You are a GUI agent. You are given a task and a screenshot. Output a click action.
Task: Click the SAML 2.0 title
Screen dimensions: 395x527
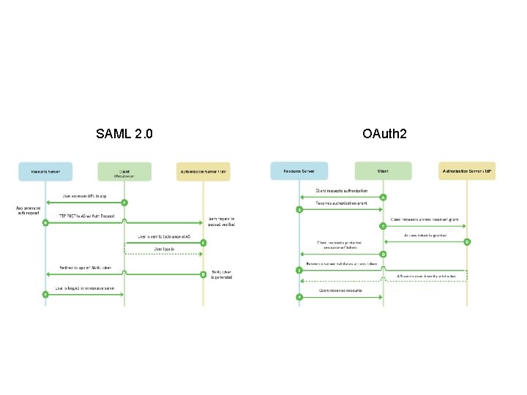click(124, 134)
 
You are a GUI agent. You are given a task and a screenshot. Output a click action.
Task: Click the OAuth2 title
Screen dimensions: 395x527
click(384, 134)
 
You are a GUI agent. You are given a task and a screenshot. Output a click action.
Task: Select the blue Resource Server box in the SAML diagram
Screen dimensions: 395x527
click(45, 171)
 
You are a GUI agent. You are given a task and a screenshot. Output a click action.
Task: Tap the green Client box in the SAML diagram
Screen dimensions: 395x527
click(124, 171)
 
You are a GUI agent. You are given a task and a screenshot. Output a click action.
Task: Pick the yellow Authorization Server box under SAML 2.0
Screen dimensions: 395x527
click(203, 171)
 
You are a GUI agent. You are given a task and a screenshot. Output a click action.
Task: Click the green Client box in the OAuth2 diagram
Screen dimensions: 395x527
click(383, 171)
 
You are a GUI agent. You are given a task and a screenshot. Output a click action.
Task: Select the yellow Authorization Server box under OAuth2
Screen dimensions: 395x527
click(467, 171)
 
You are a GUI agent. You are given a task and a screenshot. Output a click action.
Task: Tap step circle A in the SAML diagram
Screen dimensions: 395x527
click(124, 202)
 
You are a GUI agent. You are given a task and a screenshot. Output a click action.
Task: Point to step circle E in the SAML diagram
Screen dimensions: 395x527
click(45, 294)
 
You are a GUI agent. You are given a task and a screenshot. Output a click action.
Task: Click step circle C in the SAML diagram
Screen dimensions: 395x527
click(203, 243)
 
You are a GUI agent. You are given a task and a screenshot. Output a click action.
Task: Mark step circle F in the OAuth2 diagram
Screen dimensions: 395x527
click(299, 296)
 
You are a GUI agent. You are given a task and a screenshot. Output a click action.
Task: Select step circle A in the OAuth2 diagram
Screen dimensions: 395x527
click(383, 197)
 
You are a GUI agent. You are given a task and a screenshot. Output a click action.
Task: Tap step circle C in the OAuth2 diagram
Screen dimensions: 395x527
click(383, 226)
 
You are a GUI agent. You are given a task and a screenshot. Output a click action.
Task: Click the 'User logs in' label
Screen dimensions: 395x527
click(163, 249)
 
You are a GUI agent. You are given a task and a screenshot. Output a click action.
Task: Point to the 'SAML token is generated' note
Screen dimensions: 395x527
click(223, 274)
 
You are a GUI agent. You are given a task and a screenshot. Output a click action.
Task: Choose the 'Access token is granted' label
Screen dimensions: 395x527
click(425, 236)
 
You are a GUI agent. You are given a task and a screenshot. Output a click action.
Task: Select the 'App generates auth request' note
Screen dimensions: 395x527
click(29, 211)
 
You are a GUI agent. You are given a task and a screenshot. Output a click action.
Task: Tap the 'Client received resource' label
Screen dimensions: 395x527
click(341, 290)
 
